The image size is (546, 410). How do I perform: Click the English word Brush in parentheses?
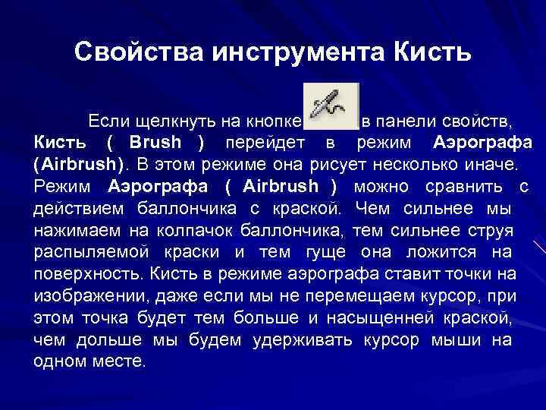coord(155,143)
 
